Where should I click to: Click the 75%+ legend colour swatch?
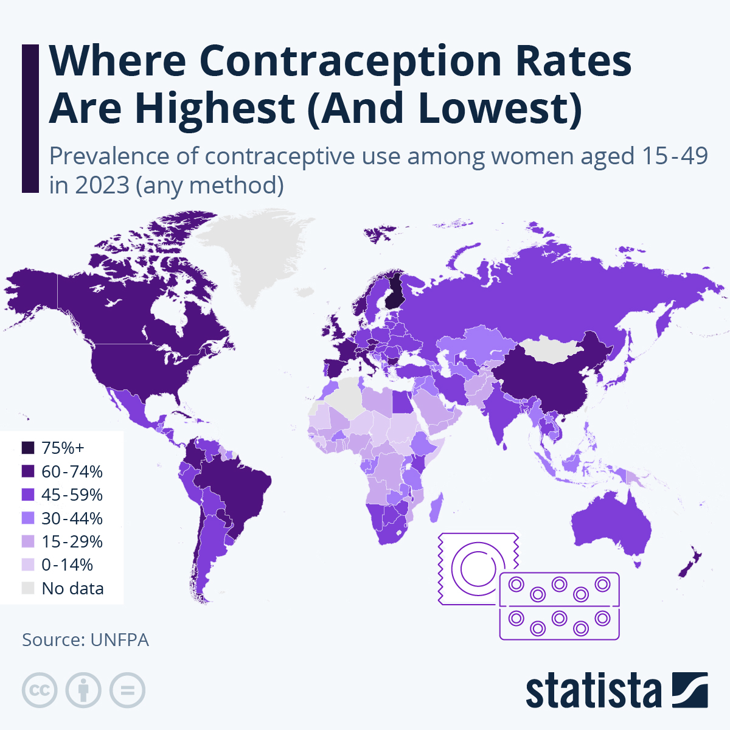(x=28, y=448)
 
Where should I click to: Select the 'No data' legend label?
(x=72, y=588)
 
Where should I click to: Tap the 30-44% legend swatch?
(x=28, y=518)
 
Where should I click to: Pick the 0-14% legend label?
(x=67, y=565)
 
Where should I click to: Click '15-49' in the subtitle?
(x=675, y=156)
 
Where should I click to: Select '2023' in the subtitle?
(x=102, y=185)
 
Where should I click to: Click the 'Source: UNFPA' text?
(x=85, y=640)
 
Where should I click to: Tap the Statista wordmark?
(x=593, y=691)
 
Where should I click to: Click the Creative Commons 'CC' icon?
(x=40, y=690)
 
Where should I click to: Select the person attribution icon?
(x=83, y=690)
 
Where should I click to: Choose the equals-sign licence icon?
(x=127, y=690)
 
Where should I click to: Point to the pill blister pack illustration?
(x=559, y=606)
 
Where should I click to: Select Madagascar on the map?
(x=436, y=508)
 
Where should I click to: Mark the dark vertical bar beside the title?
(x=30, y=119)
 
